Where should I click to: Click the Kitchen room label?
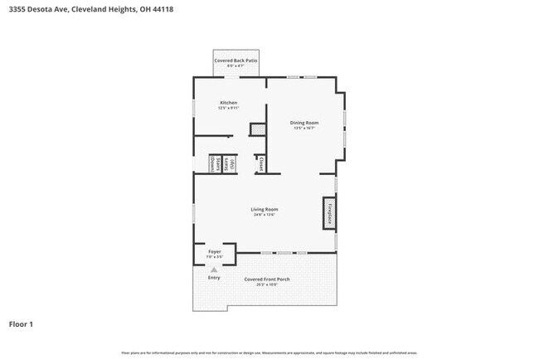point(228,103)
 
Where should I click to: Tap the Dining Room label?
point(304,123)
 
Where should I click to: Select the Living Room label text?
point(264,209)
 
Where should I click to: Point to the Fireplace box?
point(328,213)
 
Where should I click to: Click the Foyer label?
point(214,250)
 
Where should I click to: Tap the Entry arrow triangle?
point(214,270)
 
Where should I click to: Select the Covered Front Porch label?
point(266,279)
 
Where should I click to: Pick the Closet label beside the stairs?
point(261,163)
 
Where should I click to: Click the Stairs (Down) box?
point(212,163)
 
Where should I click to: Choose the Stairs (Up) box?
point(231,163)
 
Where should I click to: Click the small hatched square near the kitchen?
point(258,129)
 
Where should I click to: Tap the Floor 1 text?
point(22,324)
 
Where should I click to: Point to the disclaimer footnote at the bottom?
point(269,353)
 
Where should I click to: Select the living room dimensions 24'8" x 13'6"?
point(264,215)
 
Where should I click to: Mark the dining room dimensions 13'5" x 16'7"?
point(304,129)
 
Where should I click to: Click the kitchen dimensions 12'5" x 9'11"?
point(228,109)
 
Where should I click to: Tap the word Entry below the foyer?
point(214,277)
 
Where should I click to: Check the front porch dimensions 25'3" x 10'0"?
point(266,285)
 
